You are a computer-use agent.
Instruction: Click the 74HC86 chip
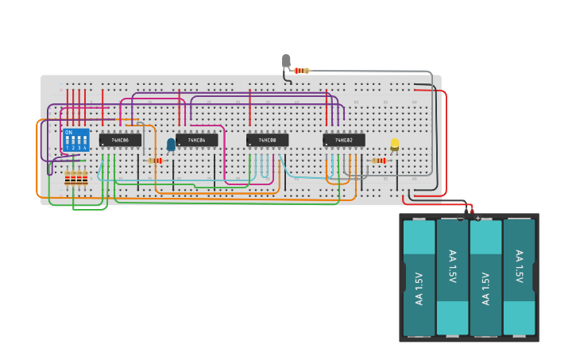pyautogui.click(x=120, y=140)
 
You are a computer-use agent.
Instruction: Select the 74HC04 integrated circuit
pyautogui.click(x=196, y=140)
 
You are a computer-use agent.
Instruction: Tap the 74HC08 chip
pyautogui.click(x=267, y=140)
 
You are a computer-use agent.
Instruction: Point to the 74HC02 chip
pyautogui.click(x=343, y=140)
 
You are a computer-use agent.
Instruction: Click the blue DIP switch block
pyautogui.click(x=75, y=141)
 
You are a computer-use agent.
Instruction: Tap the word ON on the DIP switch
pyautogui.click(x=68, y=133)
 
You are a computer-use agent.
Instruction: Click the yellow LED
pyautogui.click(x=394, y=144)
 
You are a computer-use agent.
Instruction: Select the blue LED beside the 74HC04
pyautogui.click(x=171, y=144)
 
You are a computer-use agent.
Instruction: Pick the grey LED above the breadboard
pyautogui.click(x=286, y=60)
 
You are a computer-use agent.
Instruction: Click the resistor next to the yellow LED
pyautogui.click(x=379, y=161)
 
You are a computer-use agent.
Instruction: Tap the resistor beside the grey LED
pyautogui.click(x=301, y=71)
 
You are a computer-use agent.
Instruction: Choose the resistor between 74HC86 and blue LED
pyautogui.click(x=155, y=161)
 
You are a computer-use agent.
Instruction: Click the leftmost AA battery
pyautogui.click(x=419, y=277)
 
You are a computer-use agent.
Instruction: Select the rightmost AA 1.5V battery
pyautogui.click(x=519, y=277)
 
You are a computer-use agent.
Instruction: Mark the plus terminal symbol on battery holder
pyautogui.click(x=478, y=218)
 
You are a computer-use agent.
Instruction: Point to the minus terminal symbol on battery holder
pyautogui.click(x=460, y=218)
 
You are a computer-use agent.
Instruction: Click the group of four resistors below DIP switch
pyautogui.click(x=76, y=178)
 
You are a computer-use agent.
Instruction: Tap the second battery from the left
pyautogui.click(x=452, y=277)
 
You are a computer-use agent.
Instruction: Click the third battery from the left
pyautogui.click(x=485, y=277)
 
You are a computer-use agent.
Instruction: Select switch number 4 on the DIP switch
pyautogui.click(x=84, y=143)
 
